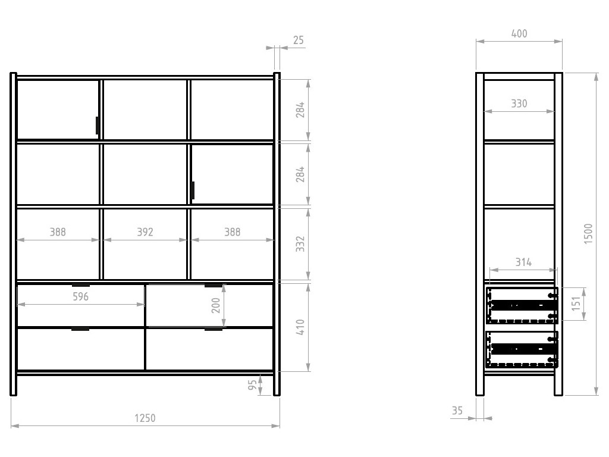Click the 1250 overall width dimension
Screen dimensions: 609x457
145,418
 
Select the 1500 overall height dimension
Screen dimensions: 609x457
588,234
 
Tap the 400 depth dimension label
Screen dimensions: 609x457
519,34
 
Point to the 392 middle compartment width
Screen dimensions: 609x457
145,232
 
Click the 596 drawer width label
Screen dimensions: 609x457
81,296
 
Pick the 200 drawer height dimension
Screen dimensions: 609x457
216,305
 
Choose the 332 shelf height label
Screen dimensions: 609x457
300,244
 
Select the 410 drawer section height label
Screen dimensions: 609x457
300,327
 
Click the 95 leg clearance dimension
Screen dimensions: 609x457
252,385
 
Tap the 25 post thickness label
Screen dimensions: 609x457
299,40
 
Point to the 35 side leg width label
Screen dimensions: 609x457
457,411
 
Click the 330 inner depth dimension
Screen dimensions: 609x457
519,104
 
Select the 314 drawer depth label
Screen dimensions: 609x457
523,262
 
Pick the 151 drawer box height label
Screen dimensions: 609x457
576,303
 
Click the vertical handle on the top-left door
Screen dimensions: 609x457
98,126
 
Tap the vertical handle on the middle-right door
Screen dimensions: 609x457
193,190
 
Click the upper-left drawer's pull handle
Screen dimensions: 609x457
81,285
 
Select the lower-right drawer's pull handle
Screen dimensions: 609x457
214,329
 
